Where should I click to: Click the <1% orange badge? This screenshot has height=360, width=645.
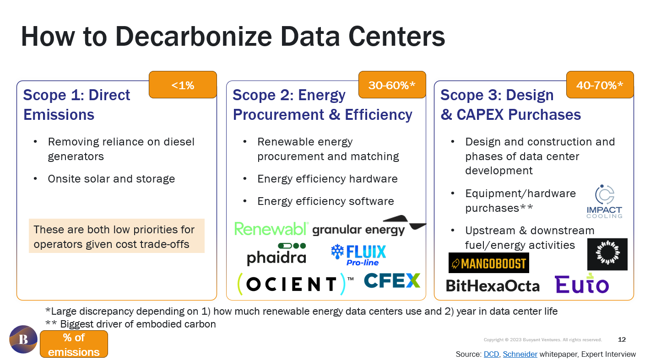tap(183, 85)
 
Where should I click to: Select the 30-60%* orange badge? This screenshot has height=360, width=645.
tap(392, 85)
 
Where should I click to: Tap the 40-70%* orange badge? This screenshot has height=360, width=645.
tap(600, 85)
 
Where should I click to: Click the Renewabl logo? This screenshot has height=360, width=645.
tap(271, 229)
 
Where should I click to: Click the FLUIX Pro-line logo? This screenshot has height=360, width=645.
tap(358, 255)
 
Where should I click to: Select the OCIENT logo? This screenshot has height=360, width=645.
tap(293, 284)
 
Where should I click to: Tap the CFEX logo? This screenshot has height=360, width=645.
tap(392, 281)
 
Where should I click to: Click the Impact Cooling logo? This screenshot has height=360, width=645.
tap(604, 202)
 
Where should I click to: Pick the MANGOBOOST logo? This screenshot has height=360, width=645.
tap(488, 263)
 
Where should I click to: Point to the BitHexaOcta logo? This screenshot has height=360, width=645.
tap(493, 286)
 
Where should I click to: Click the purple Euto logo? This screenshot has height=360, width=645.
tap(582, 283)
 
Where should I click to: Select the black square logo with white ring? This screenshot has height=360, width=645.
tap(607, 254)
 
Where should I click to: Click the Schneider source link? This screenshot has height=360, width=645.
tap(520, 355)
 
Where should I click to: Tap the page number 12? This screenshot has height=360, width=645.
tap(622, 339)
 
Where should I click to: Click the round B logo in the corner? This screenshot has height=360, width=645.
tap(23, 339)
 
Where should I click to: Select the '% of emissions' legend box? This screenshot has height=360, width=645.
tap(74, 344)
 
